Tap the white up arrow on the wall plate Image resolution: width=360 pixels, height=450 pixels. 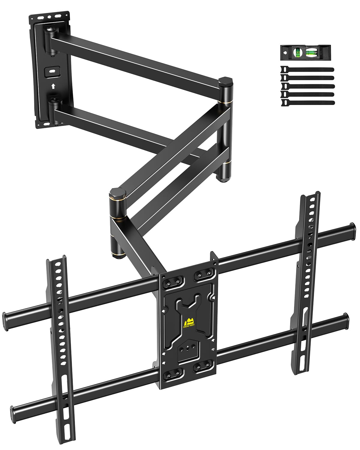coord(53,86)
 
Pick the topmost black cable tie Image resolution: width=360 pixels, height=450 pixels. coord(307,70)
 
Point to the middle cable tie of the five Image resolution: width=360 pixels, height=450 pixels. coord(307,86)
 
